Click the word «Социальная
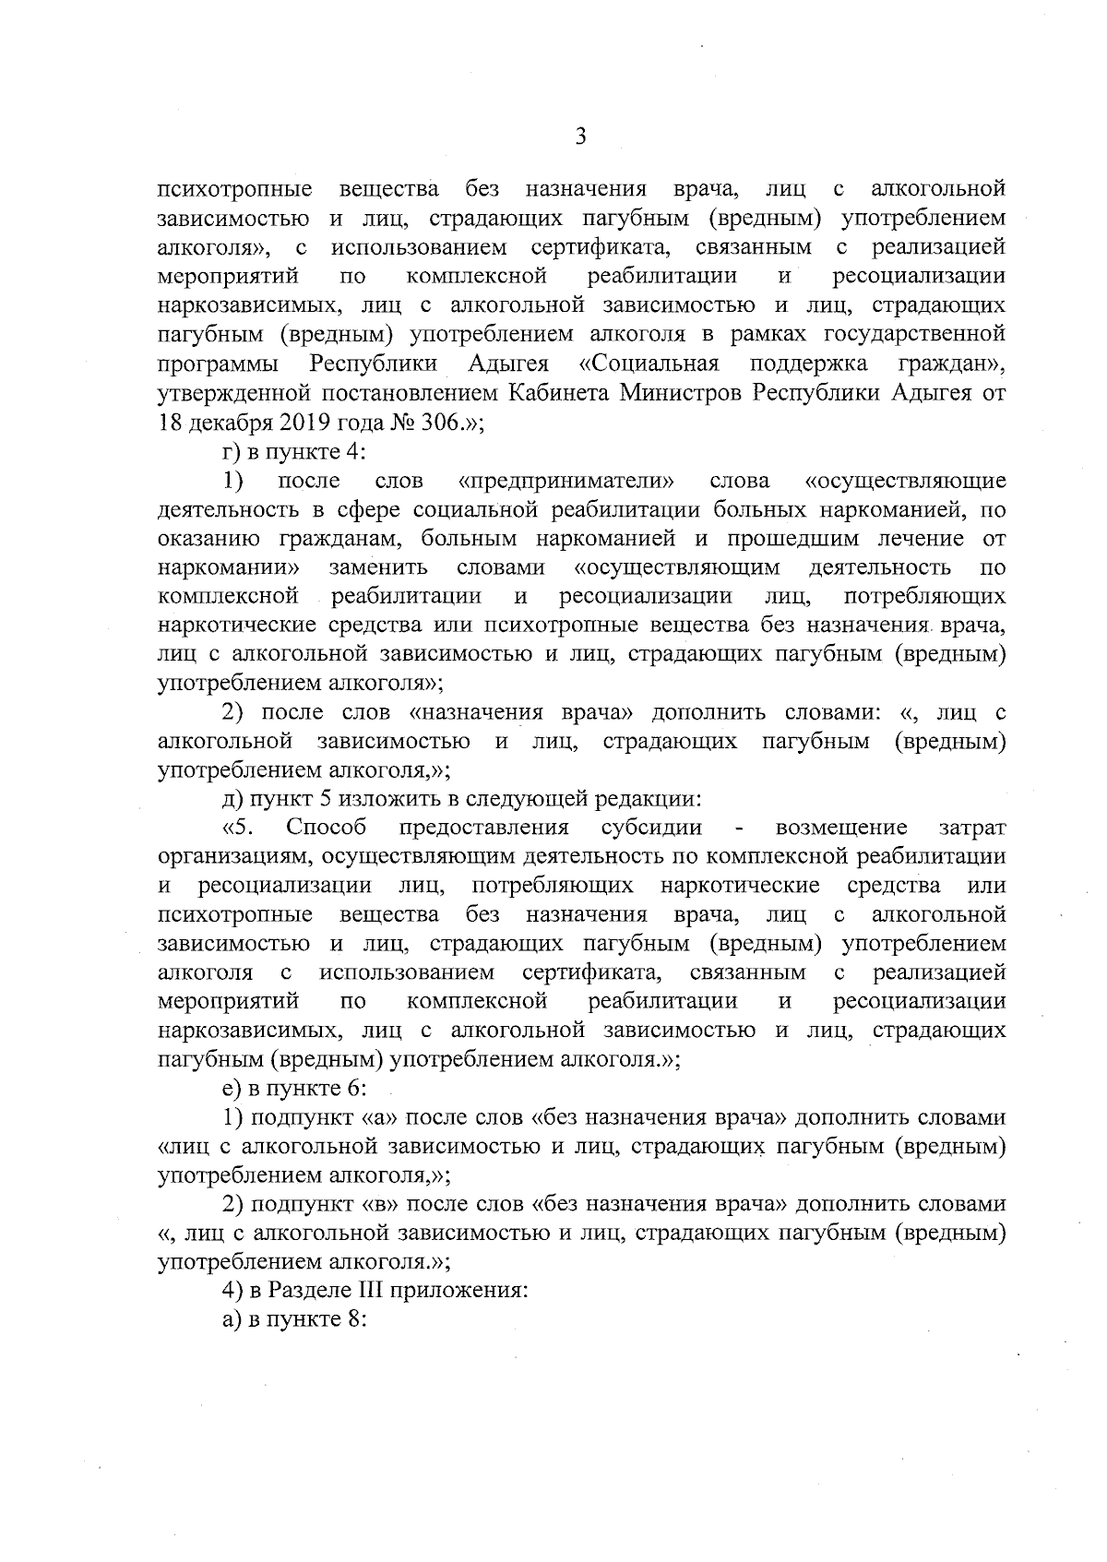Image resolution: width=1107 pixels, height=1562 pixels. click(649, 364)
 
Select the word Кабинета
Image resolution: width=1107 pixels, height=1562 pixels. click(561, 393)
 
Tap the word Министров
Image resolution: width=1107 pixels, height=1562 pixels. click(682, 393)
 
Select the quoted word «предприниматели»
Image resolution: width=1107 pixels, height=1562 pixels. click(566, 481)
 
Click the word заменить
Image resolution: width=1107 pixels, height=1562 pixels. click(378, 567)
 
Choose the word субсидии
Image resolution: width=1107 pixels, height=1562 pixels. click(651, 828)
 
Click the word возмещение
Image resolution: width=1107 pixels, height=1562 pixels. click(842, 828)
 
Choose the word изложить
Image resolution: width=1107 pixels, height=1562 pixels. click(363, 799)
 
